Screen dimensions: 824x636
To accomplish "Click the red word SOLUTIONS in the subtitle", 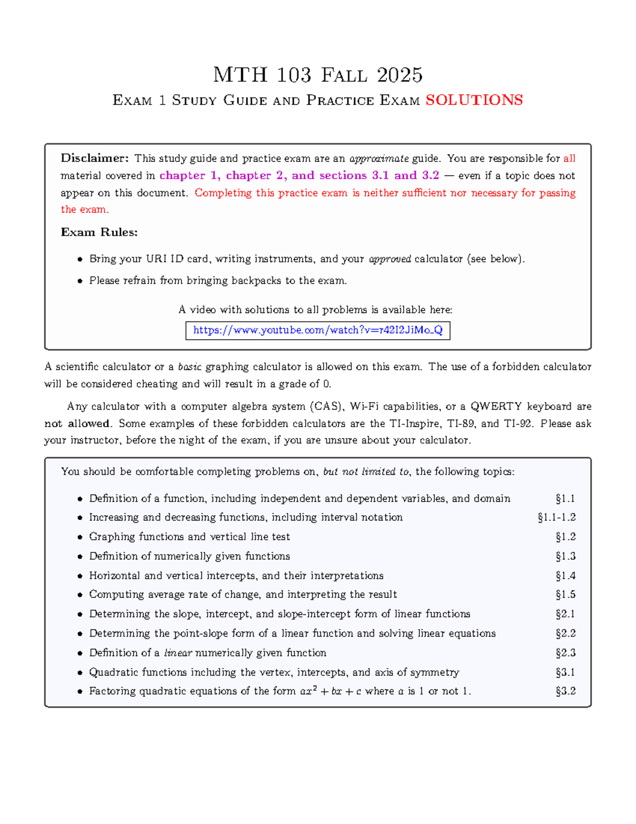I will tap(474, 100).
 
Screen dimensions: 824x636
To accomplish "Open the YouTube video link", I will tap(317, 330).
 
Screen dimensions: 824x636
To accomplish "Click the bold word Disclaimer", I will tap(94, 158).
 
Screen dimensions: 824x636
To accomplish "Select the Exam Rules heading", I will tap(99, 232).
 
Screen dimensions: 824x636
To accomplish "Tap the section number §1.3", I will tap(566, 556).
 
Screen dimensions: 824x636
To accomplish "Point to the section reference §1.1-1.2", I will tap(556, 517).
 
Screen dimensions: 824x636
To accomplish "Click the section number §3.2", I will tap(566, 691).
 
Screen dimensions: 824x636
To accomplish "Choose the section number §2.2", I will tap(566, 633).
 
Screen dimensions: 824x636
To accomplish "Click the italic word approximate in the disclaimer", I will tap(379, 159).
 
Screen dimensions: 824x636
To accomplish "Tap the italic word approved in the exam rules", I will tap(390, 259).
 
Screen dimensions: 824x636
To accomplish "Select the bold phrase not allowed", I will tap(77, 423).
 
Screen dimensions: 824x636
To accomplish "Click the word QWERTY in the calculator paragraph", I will tap(496, 406).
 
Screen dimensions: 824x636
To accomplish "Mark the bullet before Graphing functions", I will tap(80, 537).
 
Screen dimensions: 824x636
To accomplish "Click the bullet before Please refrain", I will tap(80, 281).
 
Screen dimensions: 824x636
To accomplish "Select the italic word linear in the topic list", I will tap(178, 653).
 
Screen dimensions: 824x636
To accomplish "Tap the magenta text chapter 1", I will tap(189, 176).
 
